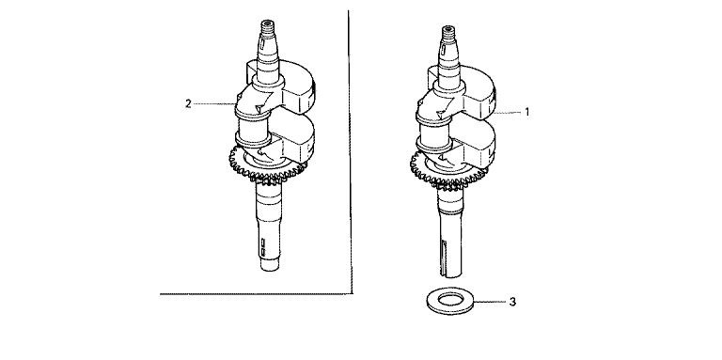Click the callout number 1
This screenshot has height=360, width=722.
[x=527, y=112]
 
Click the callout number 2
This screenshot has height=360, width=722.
[x=188, y=103]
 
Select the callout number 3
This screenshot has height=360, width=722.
[x=513, y=302]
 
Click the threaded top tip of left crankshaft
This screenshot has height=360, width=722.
[x=268, y=24]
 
